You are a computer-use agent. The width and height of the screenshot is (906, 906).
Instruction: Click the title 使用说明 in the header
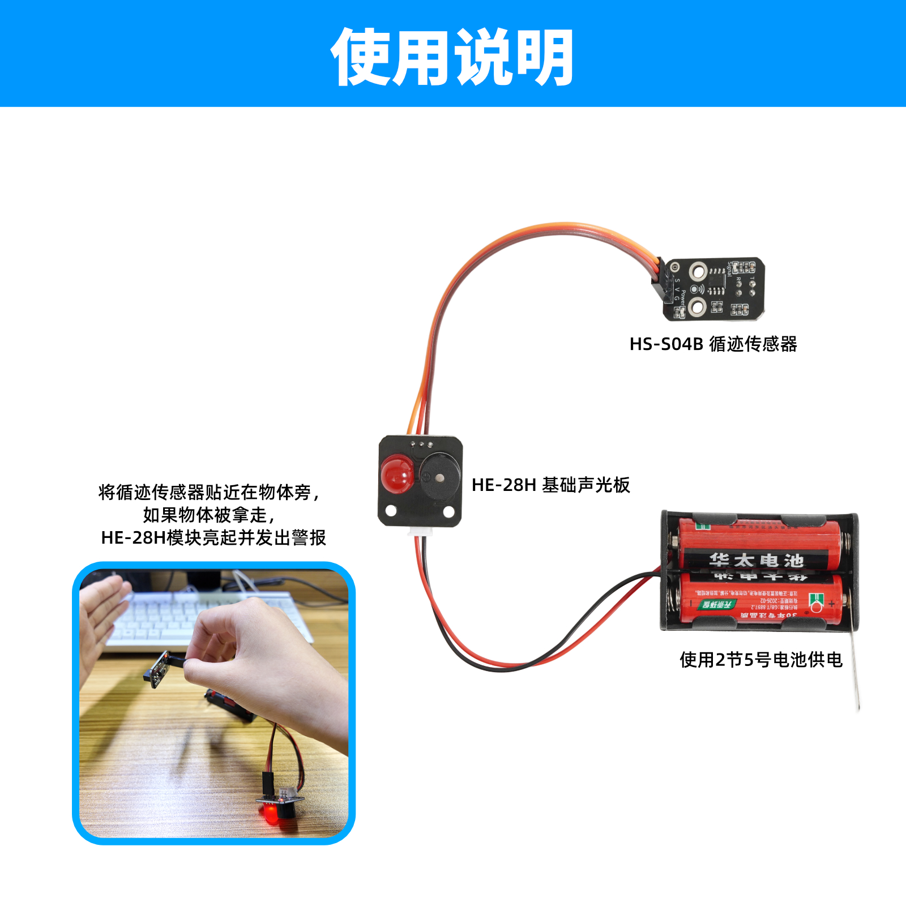click(452, 57)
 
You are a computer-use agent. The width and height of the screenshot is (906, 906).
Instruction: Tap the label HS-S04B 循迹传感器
click(712, 344)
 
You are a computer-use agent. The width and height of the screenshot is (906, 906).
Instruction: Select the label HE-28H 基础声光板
click(550, 485)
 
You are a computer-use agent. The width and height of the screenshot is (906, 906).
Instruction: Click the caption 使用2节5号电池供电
click(760, 660)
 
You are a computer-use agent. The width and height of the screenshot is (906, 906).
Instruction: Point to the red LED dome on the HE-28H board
click(397, 474)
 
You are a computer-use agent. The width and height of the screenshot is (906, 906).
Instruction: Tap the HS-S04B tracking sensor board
click(716, 289)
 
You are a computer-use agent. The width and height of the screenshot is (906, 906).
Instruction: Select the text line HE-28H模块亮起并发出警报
click(213, 537)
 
